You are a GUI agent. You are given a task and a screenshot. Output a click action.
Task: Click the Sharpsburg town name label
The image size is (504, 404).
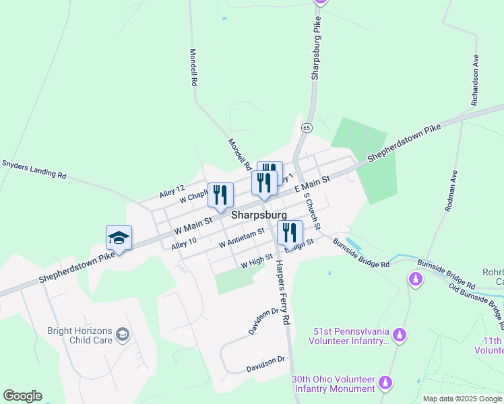259,215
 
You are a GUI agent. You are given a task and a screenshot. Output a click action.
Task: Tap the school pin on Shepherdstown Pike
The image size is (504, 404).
119,238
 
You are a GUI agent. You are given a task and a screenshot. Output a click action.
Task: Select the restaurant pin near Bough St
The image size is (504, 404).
290,233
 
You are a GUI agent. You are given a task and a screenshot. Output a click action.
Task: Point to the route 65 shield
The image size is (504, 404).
307,127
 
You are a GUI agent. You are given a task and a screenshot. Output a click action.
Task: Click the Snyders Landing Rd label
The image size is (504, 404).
34,169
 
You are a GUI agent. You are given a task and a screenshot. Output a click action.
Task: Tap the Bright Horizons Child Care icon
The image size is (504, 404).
123,335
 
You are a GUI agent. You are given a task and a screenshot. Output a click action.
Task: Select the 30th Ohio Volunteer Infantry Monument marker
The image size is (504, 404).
385,384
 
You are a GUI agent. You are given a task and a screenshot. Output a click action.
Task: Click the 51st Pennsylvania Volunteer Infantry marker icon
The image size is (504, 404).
400,335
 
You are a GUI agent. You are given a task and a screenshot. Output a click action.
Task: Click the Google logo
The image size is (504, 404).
22,396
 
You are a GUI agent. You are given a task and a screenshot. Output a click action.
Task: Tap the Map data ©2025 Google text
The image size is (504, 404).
463,399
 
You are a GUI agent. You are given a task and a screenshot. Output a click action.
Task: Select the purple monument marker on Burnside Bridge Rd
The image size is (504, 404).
416,278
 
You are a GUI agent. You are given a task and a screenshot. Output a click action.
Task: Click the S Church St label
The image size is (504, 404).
312,210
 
